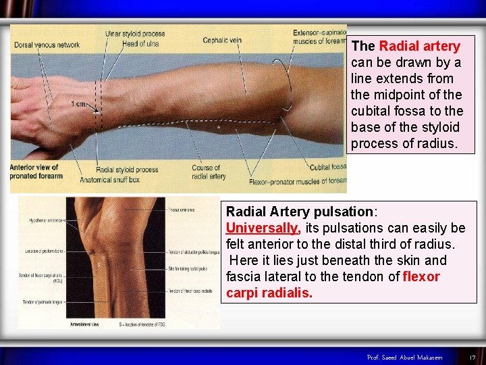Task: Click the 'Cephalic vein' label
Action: click(x=221, y=40)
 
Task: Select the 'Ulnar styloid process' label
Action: click(x=134, y=34)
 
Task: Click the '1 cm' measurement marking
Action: click(x=78, y=103)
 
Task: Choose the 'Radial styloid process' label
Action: click(x=127, y=170)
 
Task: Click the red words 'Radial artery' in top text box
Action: click(x=419, y=46)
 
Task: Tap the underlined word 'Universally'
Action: click(x=262, y=228)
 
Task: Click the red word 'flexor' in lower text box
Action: click(x=421, y=276)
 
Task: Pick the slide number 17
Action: click(x=473, y=357)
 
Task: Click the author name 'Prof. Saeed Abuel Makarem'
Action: click(x=404, y=357)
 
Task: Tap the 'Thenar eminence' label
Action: click(x=182, y=210)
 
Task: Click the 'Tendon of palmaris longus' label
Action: click(x=43, y=301)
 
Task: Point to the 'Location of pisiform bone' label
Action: click(x=43, y=251)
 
